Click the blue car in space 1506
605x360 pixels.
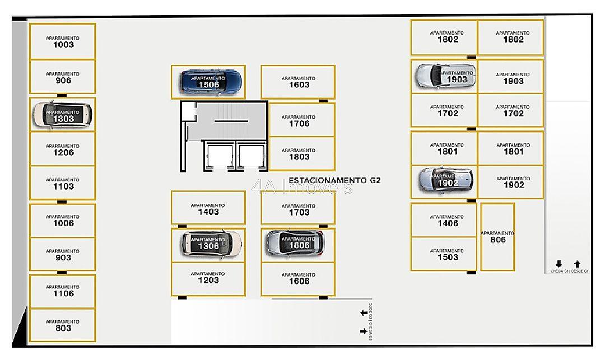(212, 82)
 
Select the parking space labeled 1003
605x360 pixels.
(63, 41)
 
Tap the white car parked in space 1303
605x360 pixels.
(62, 114)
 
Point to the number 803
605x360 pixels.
(63, 329)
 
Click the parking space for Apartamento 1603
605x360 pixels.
(298, 82)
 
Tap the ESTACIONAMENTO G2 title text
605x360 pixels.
(334, 180)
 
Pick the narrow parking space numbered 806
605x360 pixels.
(497, 237)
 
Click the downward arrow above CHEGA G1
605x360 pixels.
(559, 264)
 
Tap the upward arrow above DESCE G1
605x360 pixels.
(578, 264)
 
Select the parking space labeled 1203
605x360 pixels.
(208, 278)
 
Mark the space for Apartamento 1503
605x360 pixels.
(444, 255)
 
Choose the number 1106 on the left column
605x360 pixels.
(63, 293)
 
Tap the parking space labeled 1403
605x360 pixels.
(208, 208)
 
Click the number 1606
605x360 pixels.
(299, 281)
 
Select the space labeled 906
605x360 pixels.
(63, 77)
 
